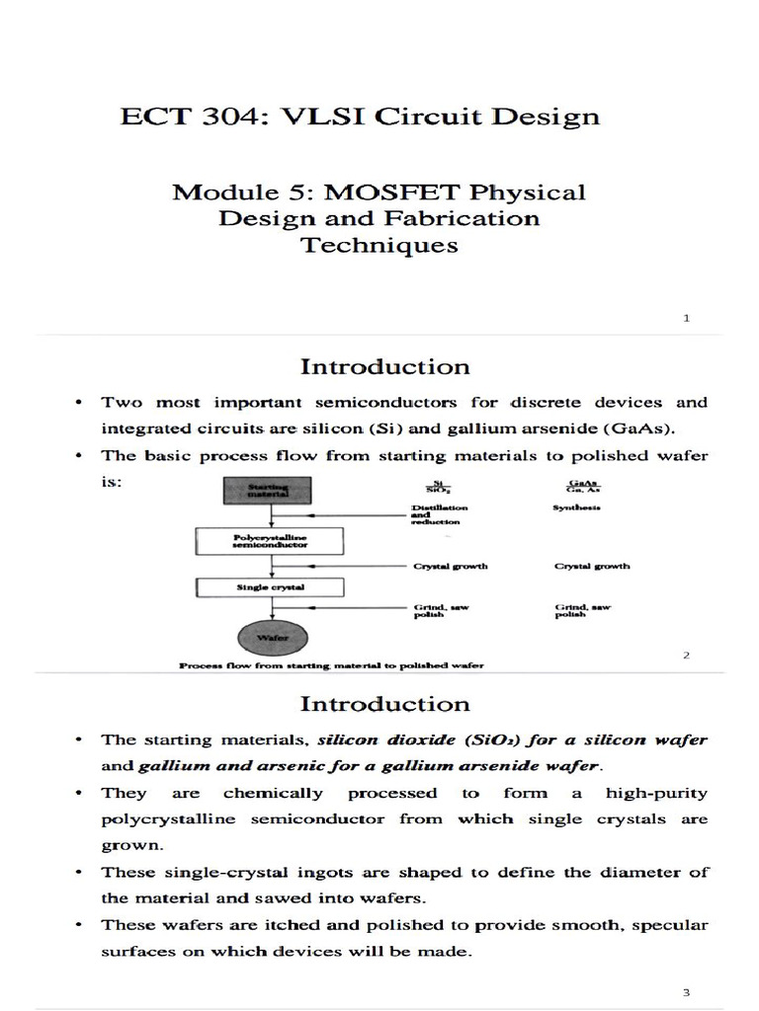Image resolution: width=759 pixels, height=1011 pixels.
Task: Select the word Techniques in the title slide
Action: (x=379, y=245)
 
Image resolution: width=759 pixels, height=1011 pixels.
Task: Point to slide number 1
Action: (x=686, y=318)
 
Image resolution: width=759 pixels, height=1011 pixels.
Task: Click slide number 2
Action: (x=686, y=656)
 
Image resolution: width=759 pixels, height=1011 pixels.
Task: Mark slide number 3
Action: (x=686, y=991)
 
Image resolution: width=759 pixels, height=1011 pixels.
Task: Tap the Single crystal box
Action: (x=270, y=586)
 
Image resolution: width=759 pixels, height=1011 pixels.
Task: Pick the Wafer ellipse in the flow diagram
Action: (x=270, y=636)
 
